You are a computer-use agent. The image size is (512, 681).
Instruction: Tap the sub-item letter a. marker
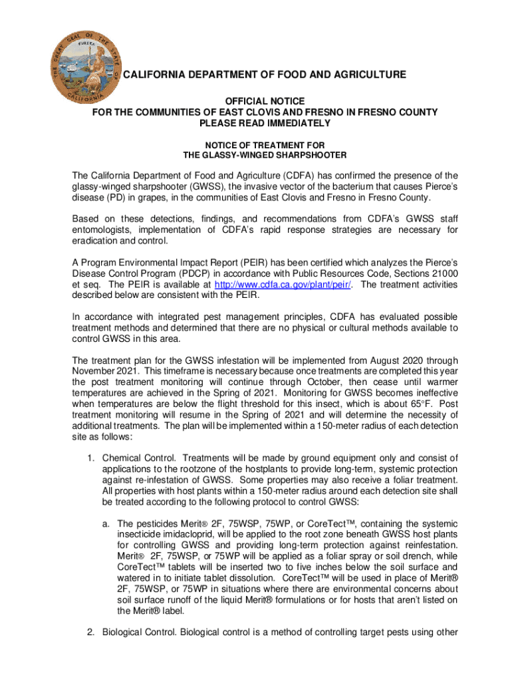pyautogui.click(x=106, y=523)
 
